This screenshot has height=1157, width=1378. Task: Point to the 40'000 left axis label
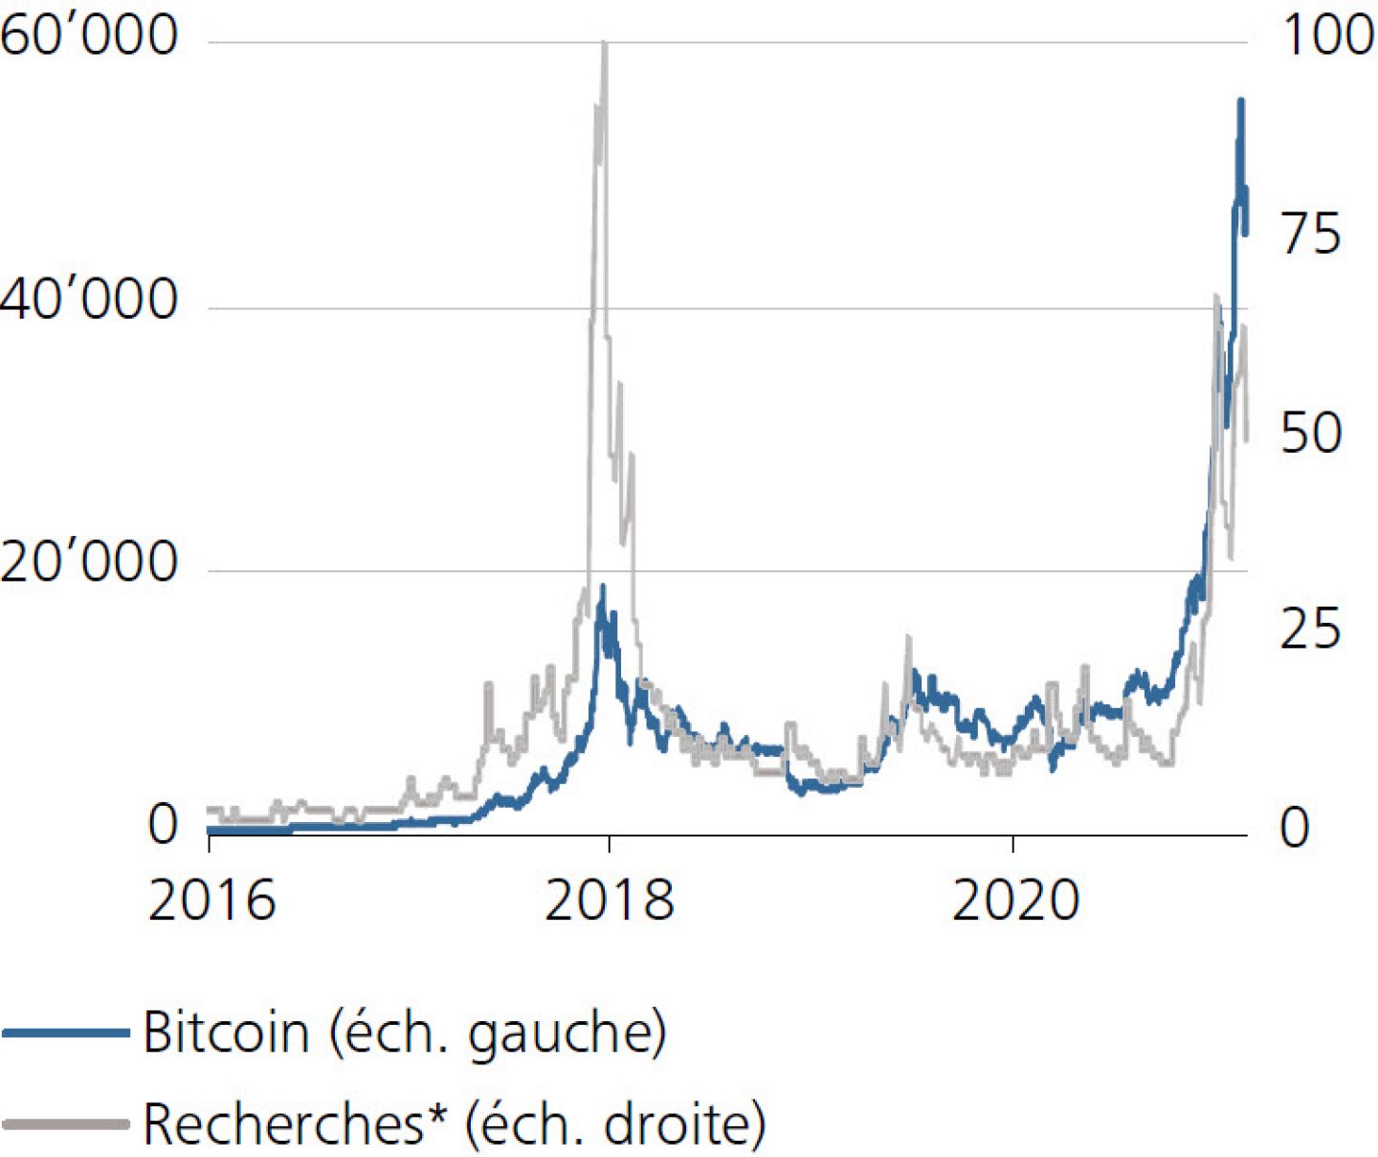click(89, 300)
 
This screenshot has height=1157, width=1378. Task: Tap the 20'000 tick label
click(89, 562)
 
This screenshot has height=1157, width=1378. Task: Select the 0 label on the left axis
click(164, 825)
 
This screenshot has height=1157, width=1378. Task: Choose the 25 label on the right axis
click(1311, 629)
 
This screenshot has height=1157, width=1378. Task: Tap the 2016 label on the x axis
click(211, 901)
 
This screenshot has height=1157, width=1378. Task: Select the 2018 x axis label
click(609, 901)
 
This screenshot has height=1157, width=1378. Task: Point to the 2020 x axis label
click(1015, 901)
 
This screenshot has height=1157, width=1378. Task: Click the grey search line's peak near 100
click(604, 44)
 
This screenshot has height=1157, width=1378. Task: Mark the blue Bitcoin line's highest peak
click(1241, 100)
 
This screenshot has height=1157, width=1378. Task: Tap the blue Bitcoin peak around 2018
click(602, 586)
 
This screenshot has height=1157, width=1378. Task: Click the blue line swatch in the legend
click(65, 1033)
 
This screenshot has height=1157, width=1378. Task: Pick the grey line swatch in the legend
click(65, 1123)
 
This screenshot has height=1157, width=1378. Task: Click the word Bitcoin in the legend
click(226, 1033)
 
